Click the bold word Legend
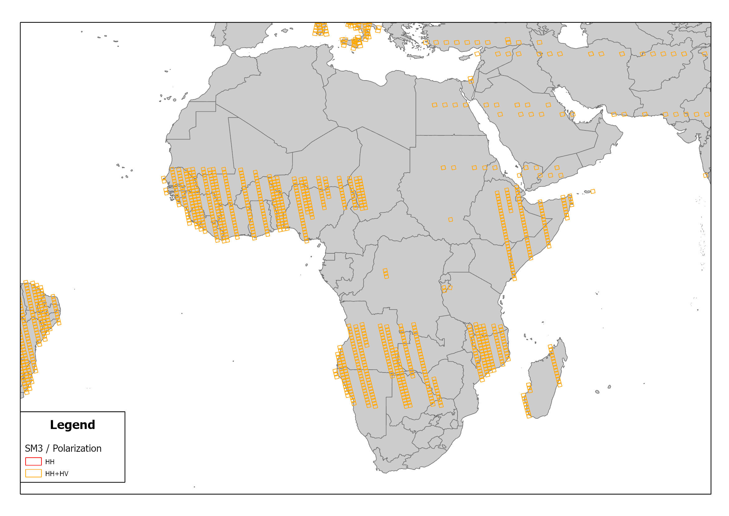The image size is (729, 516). pos(72,425)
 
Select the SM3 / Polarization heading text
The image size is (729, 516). pos(63,448)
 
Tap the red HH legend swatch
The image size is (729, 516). pos(33,461)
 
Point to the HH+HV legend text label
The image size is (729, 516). pos(56,474)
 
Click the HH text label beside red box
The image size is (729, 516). pos(50,462)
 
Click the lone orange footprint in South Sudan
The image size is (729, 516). pos(450,220)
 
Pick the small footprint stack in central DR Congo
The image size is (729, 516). pos(386,273)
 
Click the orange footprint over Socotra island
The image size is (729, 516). pos(592,191)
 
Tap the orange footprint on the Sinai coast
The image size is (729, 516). pos(471,80)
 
